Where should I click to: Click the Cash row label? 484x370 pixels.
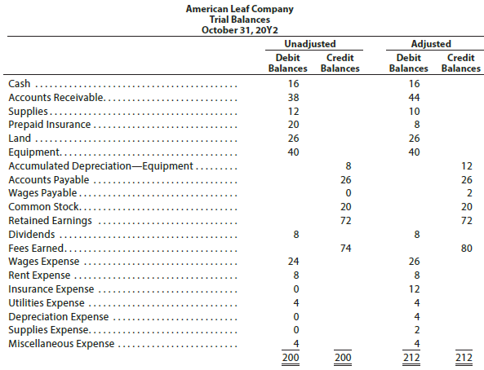click(20, 83)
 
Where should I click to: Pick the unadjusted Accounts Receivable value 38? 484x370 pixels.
click(293, 97)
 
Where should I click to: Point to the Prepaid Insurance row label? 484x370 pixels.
click(48, 125)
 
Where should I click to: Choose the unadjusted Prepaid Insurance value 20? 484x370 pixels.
click(293, 125)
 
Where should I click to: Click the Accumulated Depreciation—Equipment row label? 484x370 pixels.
click(100, 165)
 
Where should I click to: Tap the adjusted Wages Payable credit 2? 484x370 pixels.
click(466, 193)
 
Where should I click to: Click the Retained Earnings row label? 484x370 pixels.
click(49, 220)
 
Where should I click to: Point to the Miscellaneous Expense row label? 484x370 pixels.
click(61, 343)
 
